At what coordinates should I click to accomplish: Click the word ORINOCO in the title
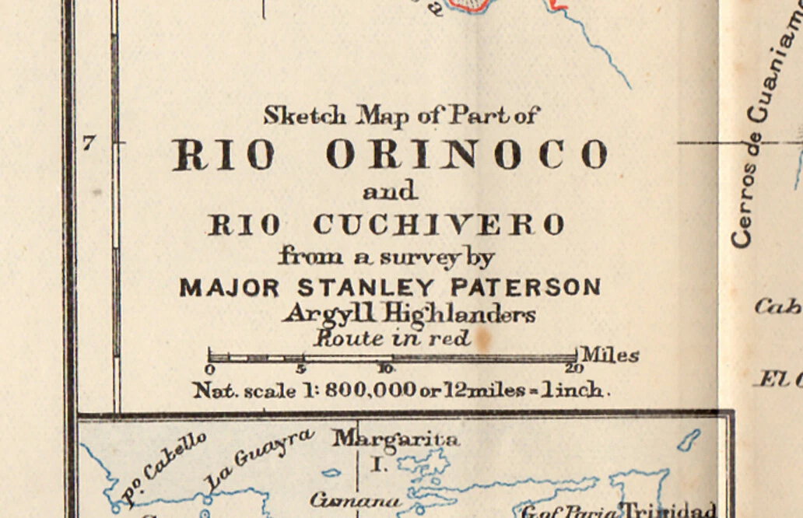(x=467, y=154)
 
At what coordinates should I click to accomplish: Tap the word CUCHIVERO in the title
(x=439, y=225)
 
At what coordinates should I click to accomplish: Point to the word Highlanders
(x=460, y=313)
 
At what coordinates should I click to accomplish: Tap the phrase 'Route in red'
(x=392, y=338)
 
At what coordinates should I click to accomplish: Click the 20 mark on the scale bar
(x=575, y=368)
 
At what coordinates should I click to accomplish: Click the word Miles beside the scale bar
(x=610, y=355)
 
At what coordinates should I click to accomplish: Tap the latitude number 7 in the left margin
(x=89, y=143)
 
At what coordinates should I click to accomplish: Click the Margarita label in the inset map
(x=396, y=439)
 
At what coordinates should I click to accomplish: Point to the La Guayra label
(x=259, y=460)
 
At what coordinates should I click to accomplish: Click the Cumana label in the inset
(x=355, y=501)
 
